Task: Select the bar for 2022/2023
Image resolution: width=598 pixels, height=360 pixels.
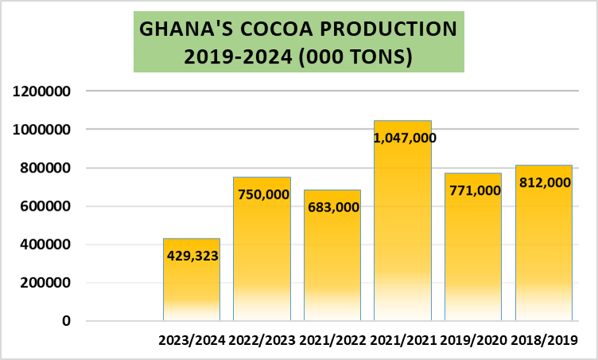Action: tap(262, 254)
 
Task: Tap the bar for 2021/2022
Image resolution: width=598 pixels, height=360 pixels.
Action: tap(332, 262)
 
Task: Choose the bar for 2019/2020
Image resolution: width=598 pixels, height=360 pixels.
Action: tap(472, 254)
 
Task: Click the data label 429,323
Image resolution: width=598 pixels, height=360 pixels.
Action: tap(192, 256)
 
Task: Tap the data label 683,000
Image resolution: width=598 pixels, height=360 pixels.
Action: tap(332, 207)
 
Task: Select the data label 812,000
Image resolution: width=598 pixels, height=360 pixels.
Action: tap(544, 182)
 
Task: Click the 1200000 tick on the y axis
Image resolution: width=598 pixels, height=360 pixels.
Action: tap(44, 91)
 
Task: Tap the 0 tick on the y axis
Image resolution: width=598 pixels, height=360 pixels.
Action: tap(67, 321)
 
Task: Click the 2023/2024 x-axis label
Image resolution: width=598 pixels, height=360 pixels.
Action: tap(192, 341)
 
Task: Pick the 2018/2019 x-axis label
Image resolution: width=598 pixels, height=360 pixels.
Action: tap(544, 341)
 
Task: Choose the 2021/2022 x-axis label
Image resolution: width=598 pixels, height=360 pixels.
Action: tap(332, 341)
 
